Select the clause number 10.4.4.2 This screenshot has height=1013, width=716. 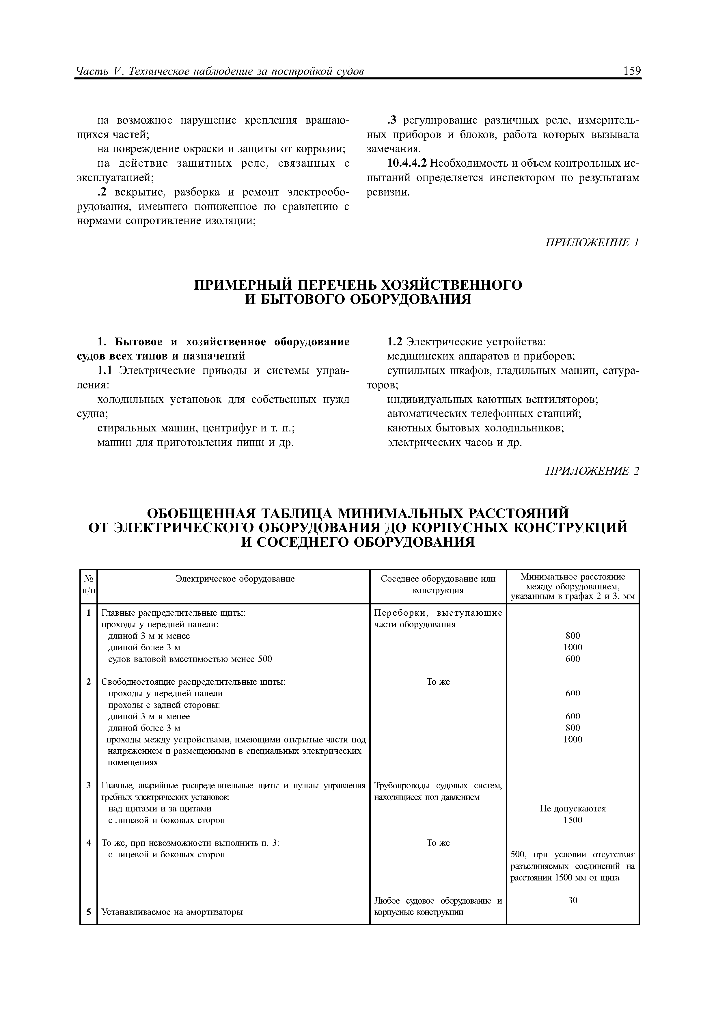[x=407, y=163]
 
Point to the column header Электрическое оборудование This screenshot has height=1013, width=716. [x=235, y=578]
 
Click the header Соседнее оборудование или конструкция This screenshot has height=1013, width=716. [x=438, y=584]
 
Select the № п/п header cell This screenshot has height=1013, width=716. [x=89, y=584]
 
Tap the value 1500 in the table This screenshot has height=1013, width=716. [x=573, y=820]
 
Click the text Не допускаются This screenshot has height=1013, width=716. [x=573, y=808]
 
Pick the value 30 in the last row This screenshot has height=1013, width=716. [x=573, y=900]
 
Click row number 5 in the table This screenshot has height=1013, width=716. [x=89, y=912]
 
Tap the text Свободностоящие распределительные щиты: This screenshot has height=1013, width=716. [x=193, y=682]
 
